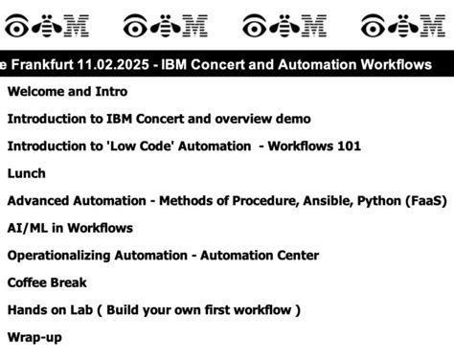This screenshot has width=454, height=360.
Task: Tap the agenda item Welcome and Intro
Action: (67, 92)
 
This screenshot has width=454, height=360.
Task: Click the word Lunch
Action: (26, 173)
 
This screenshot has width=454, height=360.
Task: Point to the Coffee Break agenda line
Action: (47, 282)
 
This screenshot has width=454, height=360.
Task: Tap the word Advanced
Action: (39, 201)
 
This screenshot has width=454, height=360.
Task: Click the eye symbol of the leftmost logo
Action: (18, 24)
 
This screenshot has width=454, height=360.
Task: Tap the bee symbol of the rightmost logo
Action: (400, 24)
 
